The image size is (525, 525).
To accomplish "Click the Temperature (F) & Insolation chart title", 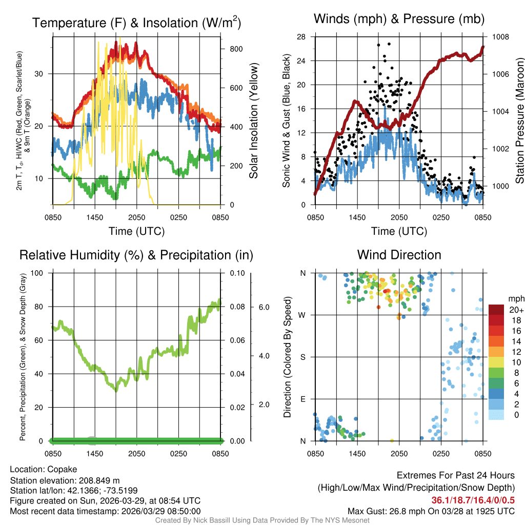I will pos(136,23).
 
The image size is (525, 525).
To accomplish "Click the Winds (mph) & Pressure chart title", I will pos(399,19).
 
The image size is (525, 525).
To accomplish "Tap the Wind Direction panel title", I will pos(399,255).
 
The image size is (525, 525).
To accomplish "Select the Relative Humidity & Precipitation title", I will pos(136,255).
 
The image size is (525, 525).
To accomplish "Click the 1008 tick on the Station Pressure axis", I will pos(501,37).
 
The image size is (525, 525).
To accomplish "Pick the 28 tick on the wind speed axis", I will pos(301,37).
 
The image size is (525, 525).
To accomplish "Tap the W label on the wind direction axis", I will pos(303,315).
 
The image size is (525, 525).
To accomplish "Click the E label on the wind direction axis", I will pos(303,399).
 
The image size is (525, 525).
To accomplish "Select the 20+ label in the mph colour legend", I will pos(516,310).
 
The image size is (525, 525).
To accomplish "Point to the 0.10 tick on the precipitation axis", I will pos(236,273).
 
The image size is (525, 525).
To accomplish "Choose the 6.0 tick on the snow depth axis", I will pos(263,307).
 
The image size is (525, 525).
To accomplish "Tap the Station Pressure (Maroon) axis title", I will pos(519,120).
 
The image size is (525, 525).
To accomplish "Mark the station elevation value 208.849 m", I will pos(99,480).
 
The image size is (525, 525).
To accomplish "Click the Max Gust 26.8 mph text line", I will pos(431,511).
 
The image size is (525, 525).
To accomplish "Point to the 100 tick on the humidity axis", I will pos(40,273).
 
